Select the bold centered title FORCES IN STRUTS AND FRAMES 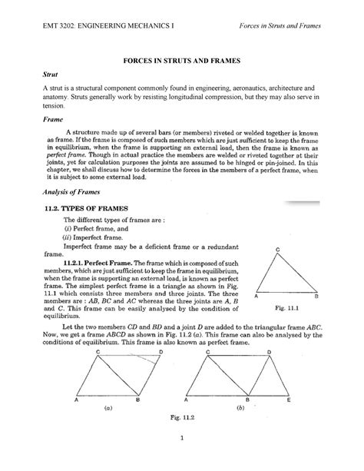(x=182, y=59)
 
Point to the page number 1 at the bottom (x=182, y=459)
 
